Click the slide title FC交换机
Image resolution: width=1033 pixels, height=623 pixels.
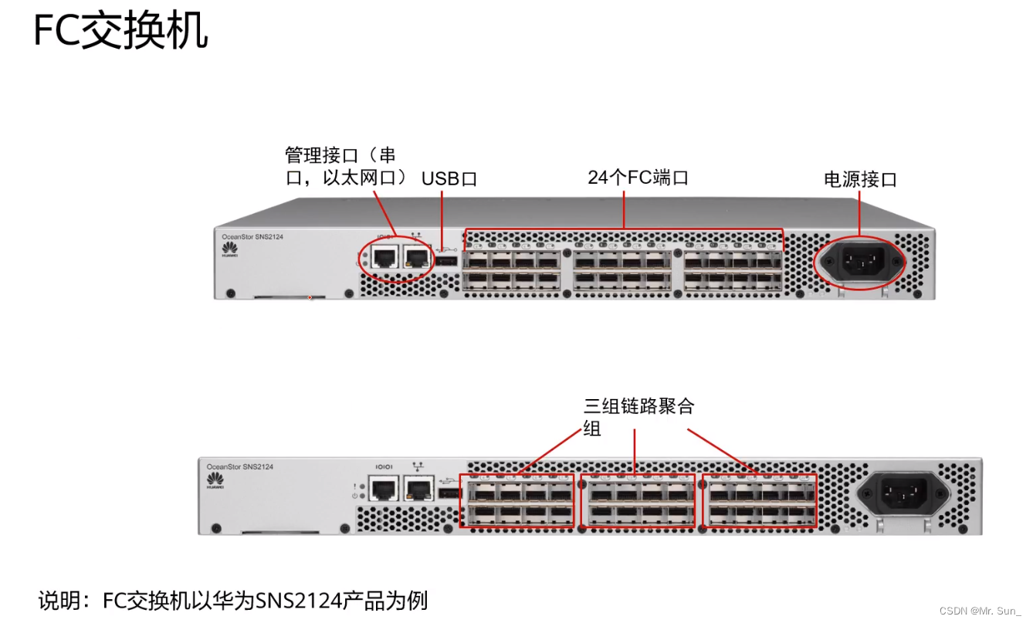coord(120,32)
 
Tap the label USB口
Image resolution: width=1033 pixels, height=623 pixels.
coord(449,179)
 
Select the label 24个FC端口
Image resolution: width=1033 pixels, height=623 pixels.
coord(638,178)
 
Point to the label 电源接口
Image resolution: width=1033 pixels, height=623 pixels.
coord(860,180)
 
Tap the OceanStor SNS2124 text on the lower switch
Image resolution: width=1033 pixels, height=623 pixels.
coord(239,467)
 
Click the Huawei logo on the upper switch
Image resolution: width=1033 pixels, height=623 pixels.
coord(229,248)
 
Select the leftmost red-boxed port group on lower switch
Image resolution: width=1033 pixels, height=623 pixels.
coord(516,500)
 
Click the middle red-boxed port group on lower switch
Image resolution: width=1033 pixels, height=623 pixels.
coord(638,500)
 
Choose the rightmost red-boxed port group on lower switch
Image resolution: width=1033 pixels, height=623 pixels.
coord(759,500)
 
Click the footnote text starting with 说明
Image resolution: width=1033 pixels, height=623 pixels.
coord(233,600)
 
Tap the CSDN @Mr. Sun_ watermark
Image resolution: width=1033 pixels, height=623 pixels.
coord(980,611)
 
